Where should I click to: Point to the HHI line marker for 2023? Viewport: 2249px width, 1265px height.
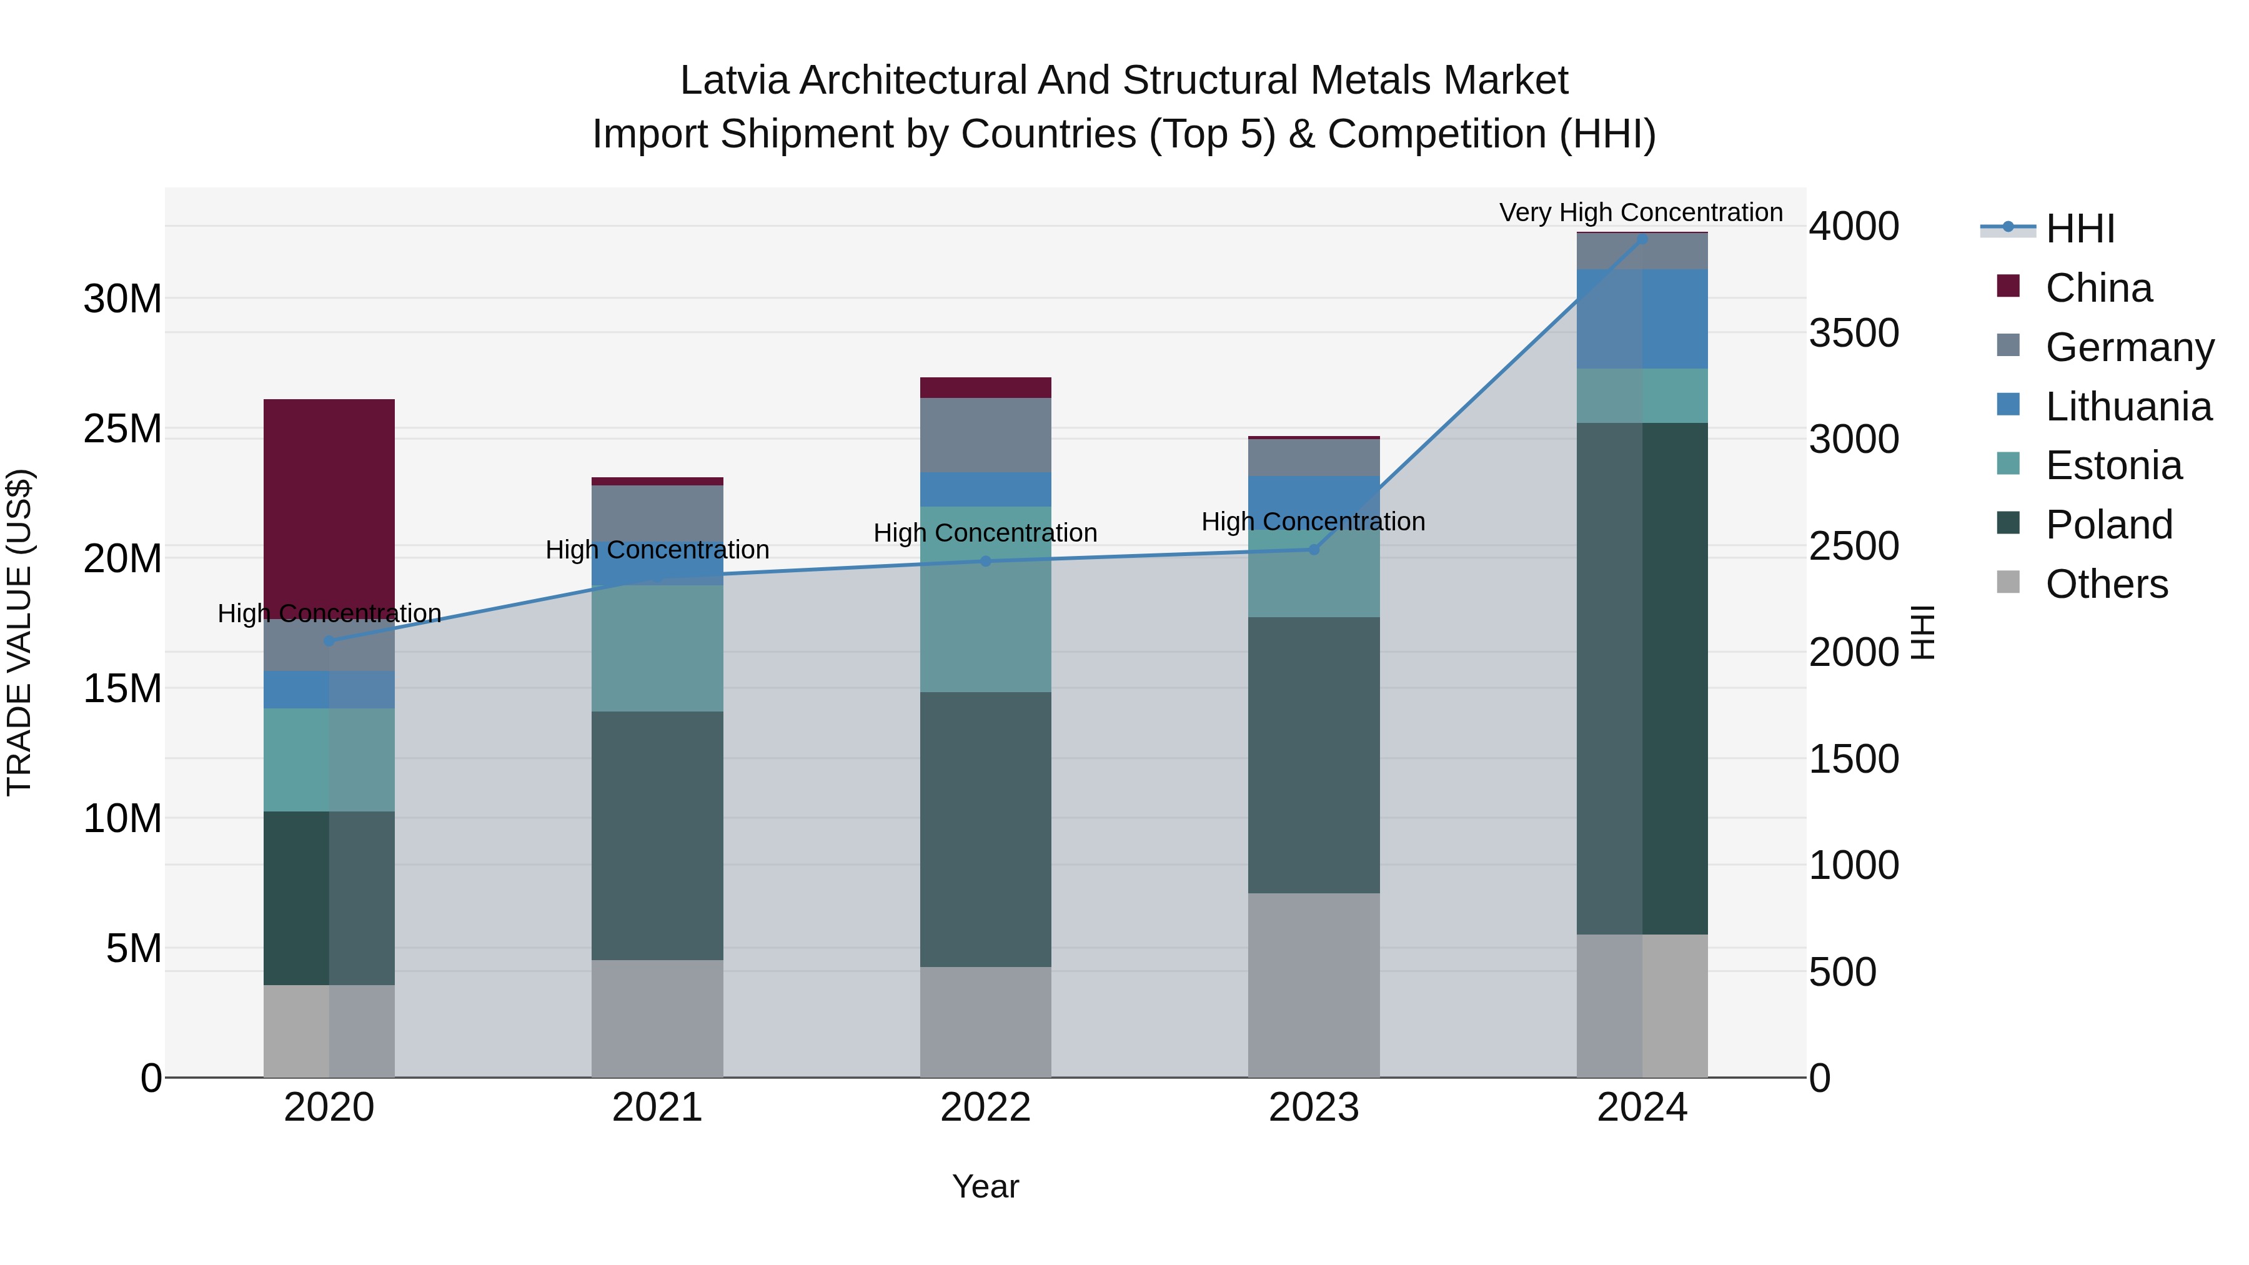pyautogui.click(x=1313, y=549)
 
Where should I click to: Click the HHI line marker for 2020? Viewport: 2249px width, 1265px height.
pyautogui.click(x=329, y=641)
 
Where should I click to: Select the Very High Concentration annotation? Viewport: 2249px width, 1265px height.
pyautogui.click(x=1641, y=212)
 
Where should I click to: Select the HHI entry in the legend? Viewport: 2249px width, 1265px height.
pyautogui.click(x=2080, y=229)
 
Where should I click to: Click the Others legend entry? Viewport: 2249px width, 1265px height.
pyautogui.click(x=2106, y=584)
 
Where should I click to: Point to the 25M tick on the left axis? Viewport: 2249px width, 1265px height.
pyautogui.click(x=122, y=429)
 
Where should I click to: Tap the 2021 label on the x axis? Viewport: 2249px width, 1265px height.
pyautogui.click(x=657, y=1108)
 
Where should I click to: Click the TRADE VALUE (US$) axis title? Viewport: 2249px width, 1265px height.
pyautogui.click(x=20, y=632)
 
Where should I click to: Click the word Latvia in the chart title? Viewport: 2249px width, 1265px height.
pyautogui.click(x=735, y=81)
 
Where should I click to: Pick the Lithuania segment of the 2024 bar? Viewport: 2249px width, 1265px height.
pyautogui.click(x=1641, y=319)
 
